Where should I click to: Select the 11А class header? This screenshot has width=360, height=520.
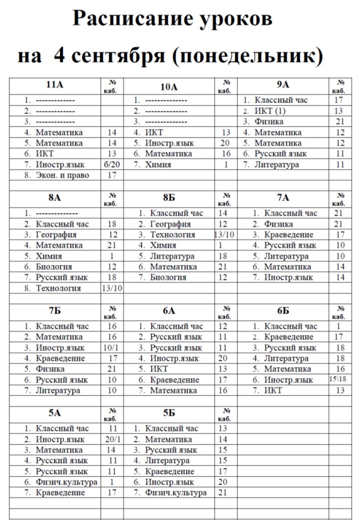point(55,84)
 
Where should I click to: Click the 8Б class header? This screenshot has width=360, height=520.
point(169,197)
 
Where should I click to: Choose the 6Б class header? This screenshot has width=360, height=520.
point(283,310)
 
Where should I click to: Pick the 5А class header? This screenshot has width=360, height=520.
point(55,413)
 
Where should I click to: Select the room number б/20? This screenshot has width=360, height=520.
point(112,164)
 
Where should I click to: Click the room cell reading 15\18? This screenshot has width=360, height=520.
point(340,379)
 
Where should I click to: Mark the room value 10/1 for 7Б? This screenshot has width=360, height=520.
point(112,348)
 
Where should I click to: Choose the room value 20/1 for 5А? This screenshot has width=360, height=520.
point(112,439)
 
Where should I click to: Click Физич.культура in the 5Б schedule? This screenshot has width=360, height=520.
point(175,493)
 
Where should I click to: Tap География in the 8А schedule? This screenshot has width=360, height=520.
point(56,235)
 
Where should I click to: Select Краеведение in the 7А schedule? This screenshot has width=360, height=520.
point(288,235)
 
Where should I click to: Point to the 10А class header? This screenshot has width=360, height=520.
point(169,87)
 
